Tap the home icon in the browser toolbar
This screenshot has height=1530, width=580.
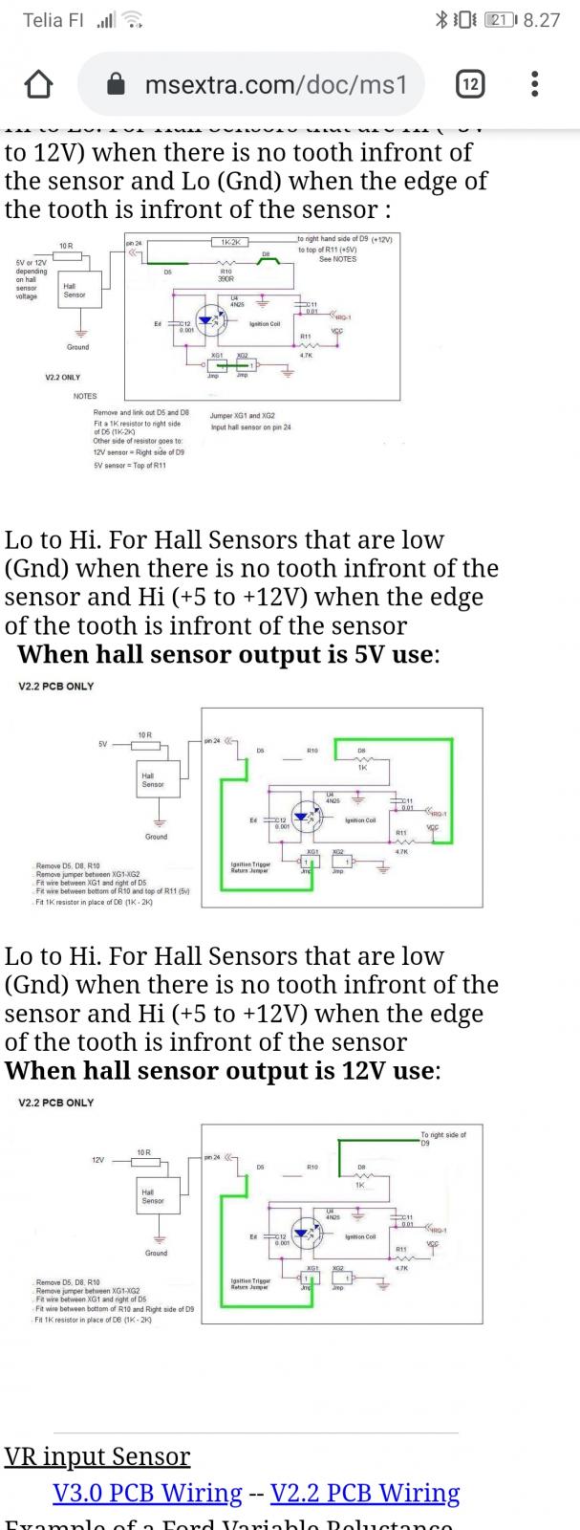(38, 85)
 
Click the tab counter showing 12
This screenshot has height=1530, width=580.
(469, 85)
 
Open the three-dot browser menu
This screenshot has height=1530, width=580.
(534, 85)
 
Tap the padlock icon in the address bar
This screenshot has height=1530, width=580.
(117, 85)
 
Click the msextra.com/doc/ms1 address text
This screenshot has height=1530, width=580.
(276, 85)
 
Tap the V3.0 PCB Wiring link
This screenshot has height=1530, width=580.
(147, 1493)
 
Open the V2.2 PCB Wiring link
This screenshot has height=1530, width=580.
(365, 1493)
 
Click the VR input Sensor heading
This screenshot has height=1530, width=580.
(97, 1456)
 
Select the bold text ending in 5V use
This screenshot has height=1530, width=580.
(227, 655)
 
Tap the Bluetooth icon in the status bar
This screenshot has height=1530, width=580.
(441, 20)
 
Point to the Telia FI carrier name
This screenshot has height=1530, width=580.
(54, 20)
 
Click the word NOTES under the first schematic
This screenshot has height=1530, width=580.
(85, 396)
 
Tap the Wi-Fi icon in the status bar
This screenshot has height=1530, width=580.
(135, 20)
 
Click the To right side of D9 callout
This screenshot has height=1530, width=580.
(443, 1138)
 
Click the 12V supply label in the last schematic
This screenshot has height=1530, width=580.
(97, 1160)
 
